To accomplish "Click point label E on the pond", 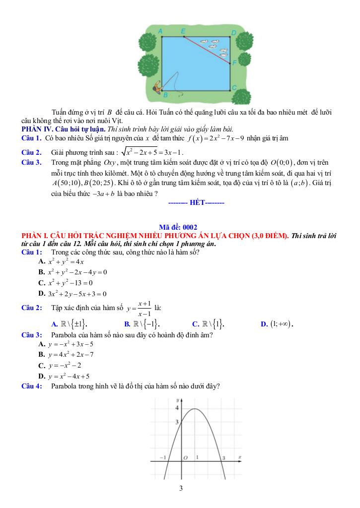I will click(183, 31).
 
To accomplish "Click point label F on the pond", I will click(234, 63).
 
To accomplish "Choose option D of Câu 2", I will click(277, 324).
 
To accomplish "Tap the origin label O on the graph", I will click(184, 457).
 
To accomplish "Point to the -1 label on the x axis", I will click(162, 457).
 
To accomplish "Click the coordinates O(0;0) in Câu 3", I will click(278, 162).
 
